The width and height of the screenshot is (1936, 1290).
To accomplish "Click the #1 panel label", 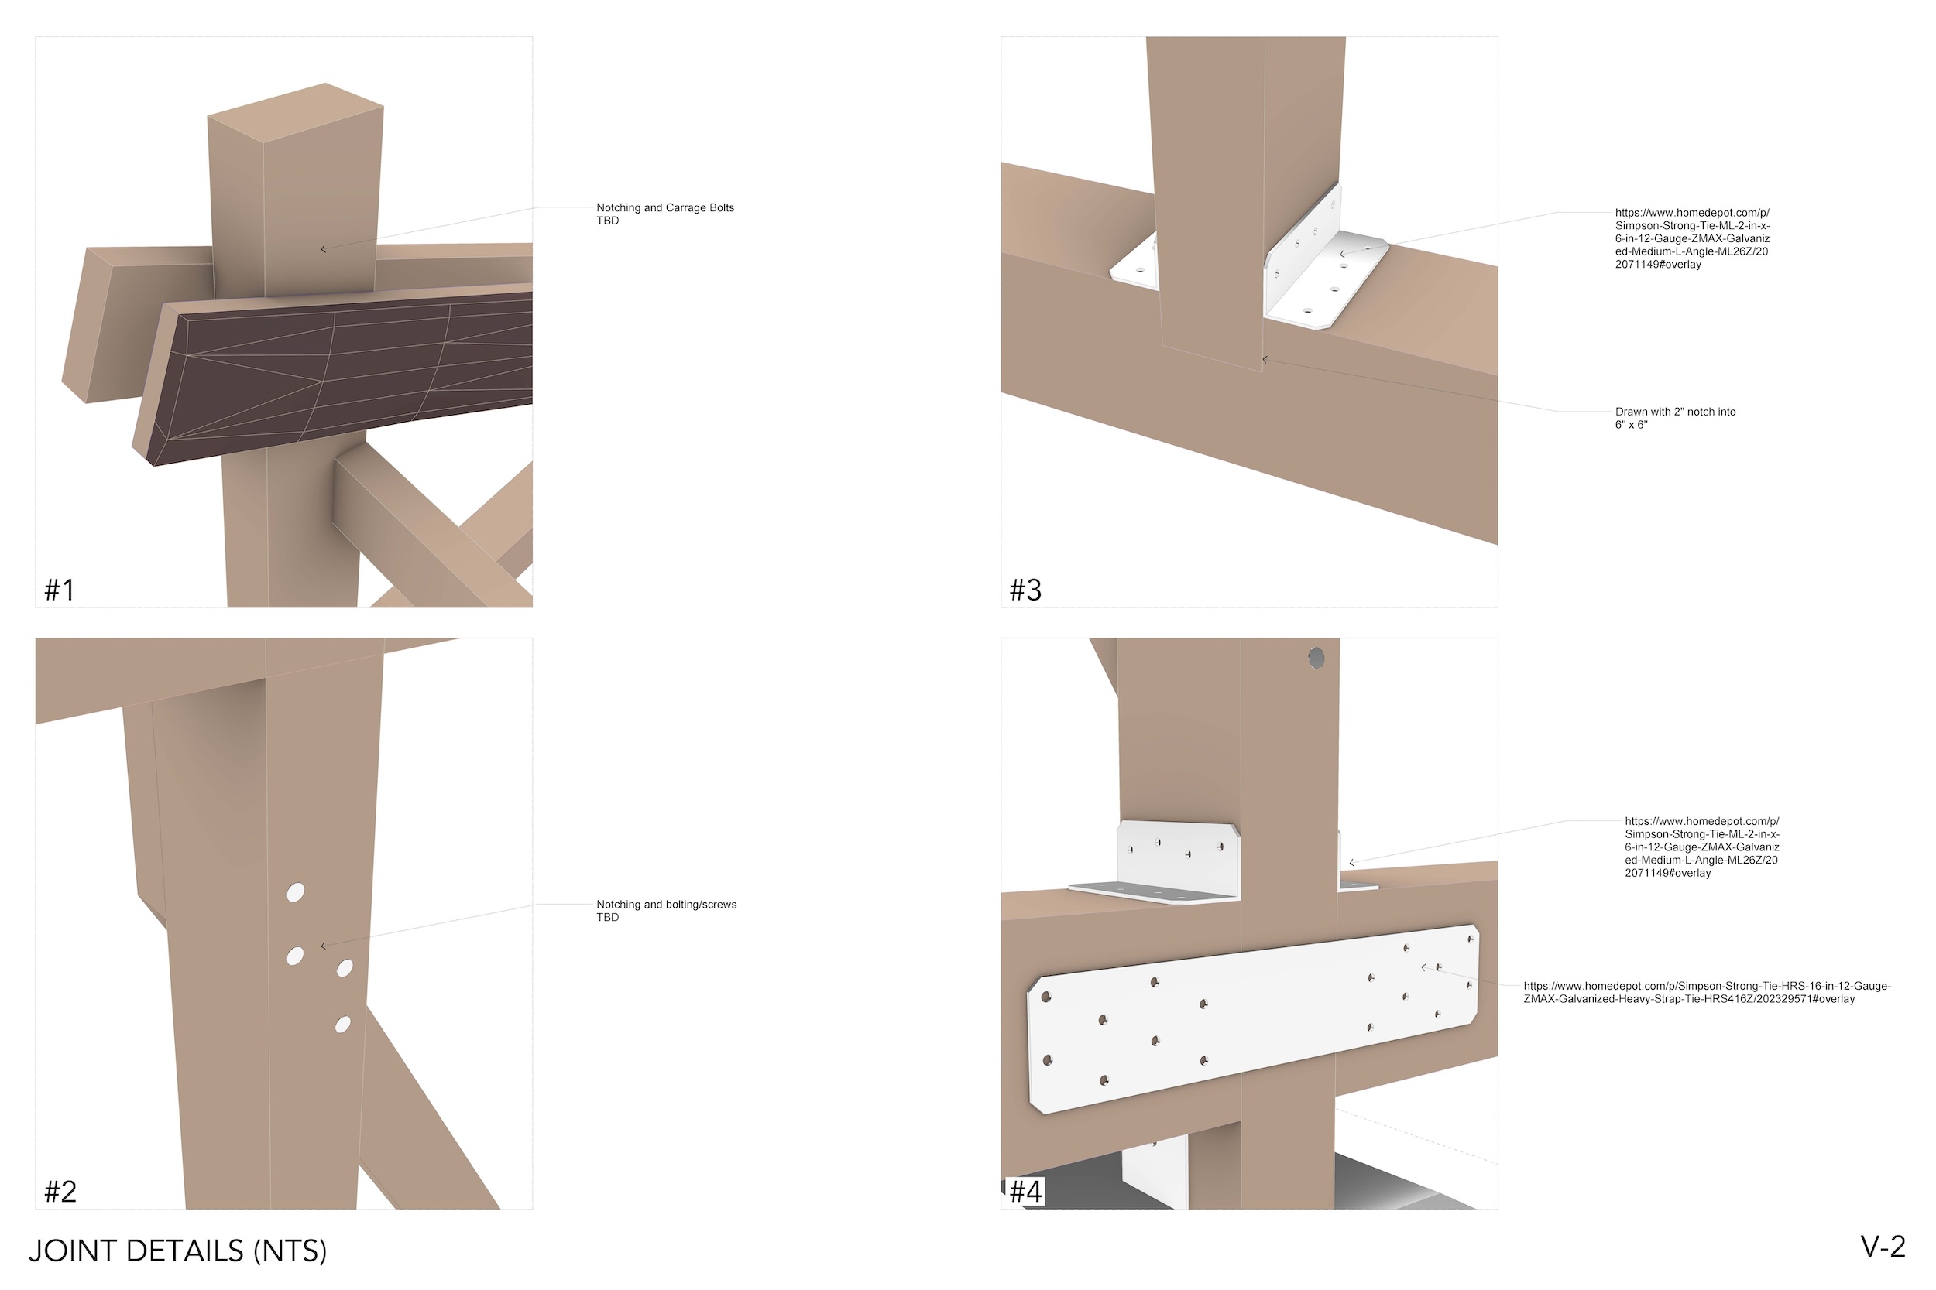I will (x=60, y=590).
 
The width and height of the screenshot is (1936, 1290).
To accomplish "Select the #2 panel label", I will (x=60, y=1191).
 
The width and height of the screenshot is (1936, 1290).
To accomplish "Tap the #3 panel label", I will (x=1025, y=590).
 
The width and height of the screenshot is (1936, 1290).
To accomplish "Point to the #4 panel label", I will (x=1025, y=1191).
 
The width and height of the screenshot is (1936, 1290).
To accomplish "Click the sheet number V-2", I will (x=1883, y=1247).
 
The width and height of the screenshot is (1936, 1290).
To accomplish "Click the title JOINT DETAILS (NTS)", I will (x=178, y=1251).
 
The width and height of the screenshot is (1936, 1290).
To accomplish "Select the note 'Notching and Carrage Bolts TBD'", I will (x=664, y=214).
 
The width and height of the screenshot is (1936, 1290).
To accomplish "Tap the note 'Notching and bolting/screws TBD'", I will (x=666, y=911).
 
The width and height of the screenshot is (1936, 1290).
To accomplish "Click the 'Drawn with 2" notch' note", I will (x=1674, y=418).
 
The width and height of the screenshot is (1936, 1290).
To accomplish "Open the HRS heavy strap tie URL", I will (x=1706, y=992).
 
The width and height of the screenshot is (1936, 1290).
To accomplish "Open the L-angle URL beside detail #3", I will (x=1691, y=238).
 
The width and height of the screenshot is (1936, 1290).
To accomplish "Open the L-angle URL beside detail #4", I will (x=1701, y=847).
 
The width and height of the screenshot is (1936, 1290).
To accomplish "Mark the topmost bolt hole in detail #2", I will (x=295, y=893).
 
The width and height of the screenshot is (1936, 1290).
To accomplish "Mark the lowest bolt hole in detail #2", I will (x=342, y=1025).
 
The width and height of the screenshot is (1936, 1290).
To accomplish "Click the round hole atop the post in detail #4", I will (x=1316, y=659).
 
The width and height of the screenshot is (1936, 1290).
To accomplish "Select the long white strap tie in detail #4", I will (x=1251, y=1020).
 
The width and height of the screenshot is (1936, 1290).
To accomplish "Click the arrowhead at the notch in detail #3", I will (x=1265, y=360).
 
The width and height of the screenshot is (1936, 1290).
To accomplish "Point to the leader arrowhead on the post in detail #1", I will (x=323, y=248).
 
